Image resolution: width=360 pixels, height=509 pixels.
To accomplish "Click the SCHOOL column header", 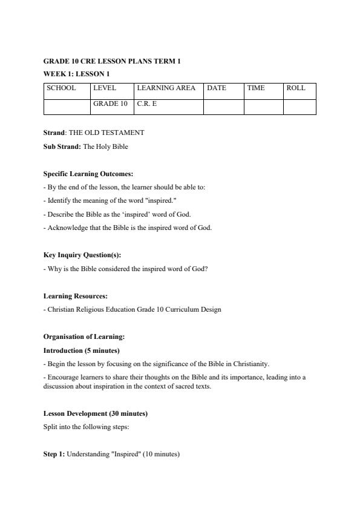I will click(62, 88).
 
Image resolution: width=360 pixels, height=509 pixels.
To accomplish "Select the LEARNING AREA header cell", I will click(166, 88).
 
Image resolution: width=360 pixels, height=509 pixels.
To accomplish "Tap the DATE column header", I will click(217, 88).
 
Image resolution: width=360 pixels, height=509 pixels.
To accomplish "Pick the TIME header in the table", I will click(256, 88).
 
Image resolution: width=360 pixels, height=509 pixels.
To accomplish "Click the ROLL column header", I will click(296, 88).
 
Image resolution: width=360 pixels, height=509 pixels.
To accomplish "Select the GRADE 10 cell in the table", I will click(110, 104).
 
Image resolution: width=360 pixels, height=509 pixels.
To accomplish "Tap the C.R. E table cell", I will click(147, 104).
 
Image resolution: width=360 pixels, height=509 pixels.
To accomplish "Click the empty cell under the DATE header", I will click(223, 107).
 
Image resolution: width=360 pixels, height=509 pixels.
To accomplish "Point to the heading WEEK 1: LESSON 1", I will click(77, 74).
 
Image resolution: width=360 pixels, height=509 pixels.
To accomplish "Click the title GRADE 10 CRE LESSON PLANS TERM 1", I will click(112, 62).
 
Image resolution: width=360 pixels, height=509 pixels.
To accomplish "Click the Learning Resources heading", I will click(76, 296).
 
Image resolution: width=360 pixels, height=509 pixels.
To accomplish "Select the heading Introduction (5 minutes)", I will click(82, 350).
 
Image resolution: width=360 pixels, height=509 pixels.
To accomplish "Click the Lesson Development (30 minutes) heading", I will click(96, 414).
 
